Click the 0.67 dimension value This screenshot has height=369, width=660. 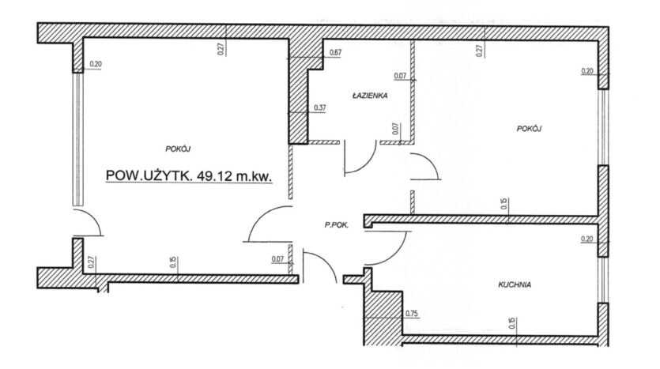[334, 53]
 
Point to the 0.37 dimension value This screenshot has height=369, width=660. [320, 107]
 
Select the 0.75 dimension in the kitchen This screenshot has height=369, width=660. [412, 314]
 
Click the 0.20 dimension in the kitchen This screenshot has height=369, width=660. [586, 239]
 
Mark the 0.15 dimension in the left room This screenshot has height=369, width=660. [172, 262]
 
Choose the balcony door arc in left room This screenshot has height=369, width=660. [89, 224]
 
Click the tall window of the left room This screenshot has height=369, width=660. [77, 138]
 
